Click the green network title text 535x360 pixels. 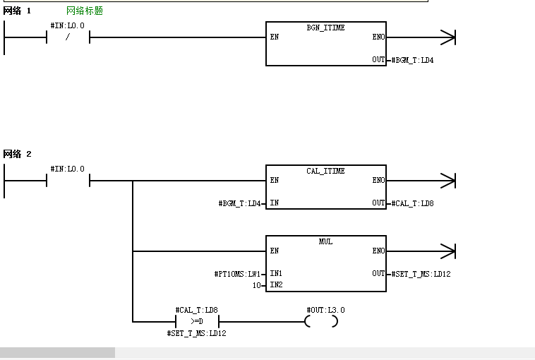point(85,11)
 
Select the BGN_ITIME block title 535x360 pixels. point(325,28)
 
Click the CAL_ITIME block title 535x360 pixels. point(325,171)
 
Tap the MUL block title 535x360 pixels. point(325,241)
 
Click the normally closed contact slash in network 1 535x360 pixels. point(68,37)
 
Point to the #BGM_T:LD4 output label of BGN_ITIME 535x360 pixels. point(412,60)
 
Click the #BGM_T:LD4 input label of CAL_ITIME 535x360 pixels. point(239,203)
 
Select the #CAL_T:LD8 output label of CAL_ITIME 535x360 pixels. point(412,203)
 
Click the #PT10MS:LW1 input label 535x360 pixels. point(237,274)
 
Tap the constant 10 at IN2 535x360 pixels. point(257,285)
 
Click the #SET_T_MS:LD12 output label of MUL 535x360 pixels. point(421,274)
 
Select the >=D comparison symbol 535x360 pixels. point(197,321)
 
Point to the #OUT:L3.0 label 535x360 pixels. point(325,310)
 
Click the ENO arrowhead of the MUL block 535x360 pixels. point(448,251)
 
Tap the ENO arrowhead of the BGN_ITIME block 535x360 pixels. point(448,37)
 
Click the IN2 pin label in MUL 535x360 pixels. point(277,284)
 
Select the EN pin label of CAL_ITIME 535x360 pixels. point(275,180)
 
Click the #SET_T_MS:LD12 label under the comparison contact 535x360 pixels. point(196,333)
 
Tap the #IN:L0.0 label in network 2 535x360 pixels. point(68,169)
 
